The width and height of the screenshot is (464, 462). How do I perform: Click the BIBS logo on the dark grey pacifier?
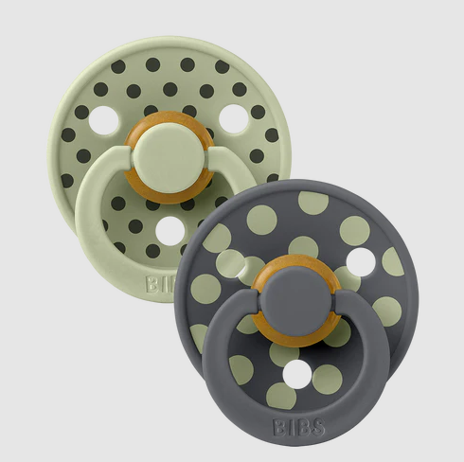click(x=298, y=427)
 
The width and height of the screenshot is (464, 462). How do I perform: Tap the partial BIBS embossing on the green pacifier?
click(x=161, y=284)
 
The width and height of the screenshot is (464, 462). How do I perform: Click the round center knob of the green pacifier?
click(x=168, y=158)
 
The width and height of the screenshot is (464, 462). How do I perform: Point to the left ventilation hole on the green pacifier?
click(x=103, y=120)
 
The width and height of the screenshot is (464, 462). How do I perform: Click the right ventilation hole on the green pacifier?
click(x=234, y=118)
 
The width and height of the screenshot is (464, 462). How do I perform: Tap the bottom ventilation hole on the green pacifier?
click(x=170, y=231)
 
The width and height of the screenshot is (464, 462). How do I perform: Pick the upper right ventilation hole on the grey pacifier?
click(x=361, y=262)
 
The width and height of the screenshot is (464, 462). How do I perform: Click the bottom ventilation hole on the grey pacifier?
click(x=297, y=374)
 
